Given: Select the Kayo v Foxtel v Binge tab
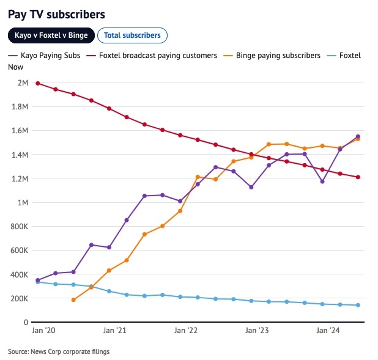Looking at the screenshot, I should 51,35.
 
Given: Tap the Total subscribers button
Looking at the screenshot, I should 132,35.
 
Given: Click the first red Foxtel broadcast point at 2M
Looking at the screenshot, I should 38,83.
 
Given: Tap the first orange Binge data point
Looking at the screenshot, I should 73,300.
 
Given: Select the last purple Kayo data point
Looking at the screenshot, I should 358,136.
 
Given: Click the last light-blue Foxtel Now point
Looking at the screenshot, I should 358,305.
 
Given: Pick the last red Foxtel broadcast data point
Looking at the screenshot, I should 358,177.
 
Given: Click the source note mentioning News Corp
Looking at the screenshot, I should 59,351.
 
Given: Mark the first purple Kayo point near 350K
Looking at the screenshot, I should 38,280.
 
